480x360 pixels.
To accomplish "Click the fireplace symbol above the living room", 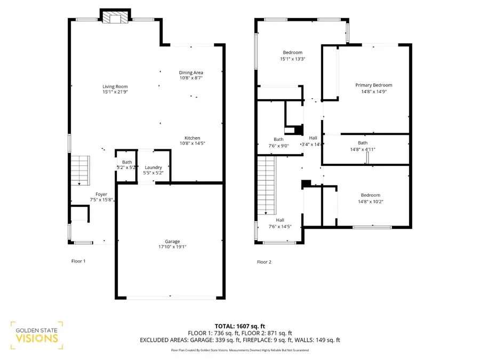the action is pos(115,18).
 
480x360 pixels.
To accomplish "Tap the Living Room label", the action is pos(115,86).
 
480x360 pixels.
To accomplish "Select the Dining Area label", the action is pos(191,73).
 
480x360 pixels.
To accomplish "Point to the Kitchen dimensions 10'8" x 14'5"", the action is pos(192,143).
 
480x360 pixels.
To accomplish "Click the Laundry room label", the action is pos(154,167).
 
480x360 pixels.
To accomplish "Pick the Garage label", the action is pos(172,242).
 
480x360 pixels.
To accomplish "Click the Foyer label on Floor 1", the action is pos(101,194).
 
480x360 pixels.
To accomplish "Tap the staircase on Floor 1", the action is pos(80,171).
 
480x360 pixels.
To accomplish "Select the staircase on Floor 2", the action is pos(267,186).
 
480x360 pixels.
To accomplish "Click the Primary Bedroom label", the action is pos(374,85).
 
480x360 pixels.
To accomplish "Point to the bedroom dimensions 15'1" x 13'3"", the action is pos(293,59).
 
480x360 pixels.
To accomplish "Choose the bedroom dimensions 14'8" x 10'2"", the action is pos(371,202).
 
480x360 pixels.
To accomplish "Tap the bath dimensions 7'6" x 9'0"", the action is pos(278,146).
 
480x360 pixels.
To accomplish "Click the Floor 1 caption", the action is pos(78,261).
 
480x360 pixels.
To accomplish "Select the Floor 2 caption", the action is pos(264,262).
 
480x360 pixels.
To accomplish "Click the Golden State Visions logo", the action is pos(37,335).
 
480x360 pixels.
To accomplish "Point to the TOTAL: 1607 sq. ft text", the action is pos(240,326).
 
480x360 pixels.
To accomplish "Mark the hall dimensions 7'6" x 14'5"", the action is pos(280,227).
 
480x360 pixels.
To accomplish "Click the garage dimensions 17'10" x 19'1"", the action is pos(172,247).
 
